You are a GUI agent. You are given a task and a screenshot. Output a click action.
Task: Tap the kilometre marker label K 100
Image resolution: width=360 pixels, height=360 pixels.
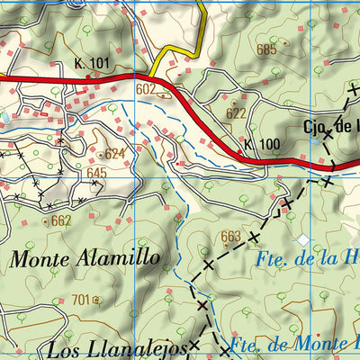click(x=262, y=144)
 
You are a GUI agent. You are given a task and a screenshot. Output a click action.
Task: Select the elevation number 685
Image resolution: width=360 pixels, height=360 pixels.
click(x=266, y=49)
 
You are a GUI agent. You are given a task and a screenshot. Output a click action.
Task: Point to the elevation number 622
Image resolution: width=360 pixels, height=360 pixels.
click(x=236, y=112)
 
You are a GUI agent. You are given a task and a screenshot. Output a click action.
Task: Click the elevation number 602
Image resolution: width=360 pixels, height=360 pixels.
click(x=146, y=89)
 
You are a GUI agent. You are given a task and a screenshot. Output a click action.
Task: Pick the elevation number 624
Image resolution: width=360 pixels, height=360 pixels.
click(x=114, y=154)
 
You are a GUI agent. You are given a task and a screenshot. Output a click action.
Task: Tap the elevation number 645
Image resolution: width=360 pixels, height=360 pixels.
click(x=97, y=173)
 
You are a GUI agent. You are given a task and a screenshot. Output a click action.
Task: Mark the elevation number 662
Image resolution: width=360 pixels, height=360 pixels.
click(x=61, y=220)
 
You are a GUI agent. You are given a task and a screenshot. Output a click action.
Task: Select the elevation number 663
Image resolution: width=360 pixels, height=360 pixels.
click(x=231, y=237)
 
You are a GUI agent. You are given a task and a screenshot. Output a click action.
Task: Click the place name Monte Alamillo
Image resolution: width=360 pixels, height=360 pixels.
click(x=85, y=259)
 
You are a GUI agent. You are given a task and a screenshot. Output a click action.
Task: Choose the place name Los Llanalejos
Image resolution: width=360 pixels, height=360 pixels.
click(x=117, y=347)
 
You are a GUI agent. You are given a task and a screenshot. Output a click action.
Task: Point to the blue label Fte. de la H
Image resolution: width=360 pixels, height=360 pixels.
click(x=306, y=259)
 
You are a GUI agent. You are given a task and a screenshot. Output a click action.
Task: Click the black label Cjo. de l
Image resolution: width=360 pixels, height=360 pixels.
click(x=330, y=128)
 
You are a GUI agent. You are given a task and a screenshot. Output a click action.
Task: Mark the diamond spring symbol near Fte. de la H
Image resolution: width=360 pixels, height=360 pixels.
click(x=303, y=239)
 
